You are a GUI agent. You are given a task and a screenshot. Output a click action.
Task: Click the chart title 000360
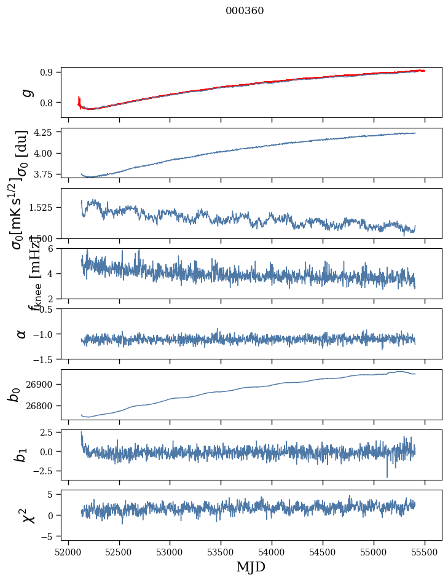(x=245, y=11)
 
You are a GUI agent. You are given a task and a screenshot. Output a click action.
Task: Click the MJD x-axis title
(x=251, y=567)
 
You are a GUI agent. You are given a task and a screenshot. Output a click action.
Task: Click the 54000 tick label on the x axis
(x=272, y=552)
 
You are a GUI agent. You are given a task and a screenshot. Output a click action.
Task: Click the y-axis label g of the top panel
(x=26, y=92)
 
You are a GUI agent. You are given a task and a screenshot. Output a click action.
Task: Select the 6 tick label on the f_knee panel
(x=53, y=248)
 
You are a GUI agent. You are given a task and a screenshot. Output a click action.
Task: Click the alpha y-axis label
(x=22, y=334)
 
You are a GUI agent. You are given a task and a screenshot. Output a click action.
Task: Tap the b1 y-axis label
(x=22, y=455)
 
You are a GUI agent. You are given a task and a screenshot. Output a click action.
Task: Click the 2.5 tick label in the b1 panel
(x=48, y=433)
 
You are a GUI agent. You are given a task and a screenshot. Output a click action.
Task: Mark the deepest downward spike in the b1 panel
(x=387, y=476)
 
